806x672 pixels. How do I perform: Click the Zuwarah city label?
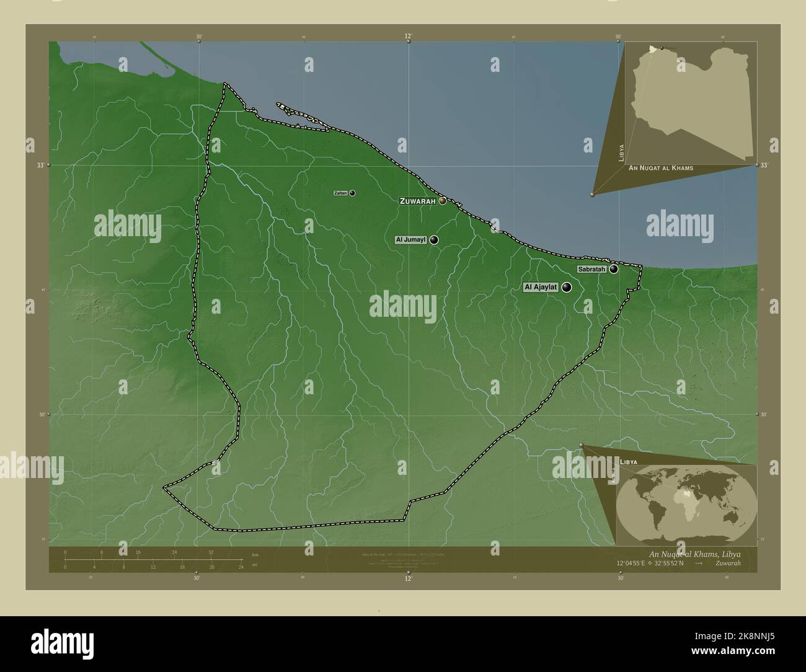pos(418,201)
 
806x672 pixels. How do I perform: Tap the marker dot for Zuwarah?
pos(443,201)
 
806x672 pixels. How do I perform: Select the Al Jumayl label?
pos(410,240)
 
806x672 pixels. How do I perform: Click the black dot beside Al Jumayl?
pos(434,240)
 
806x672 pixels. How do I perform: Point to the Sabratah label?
pos(591,269)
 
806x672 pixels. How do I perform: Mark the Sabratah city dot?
pos(613,269)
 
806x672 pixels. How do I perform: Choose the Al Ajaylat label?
pos(541,287)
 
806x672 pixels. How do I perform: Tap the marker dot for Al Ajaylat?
pos(567,287)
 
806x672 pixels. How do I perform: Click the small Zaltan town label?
pos(340,193)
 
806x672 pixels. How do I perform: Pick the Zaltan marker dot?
pos(352,193)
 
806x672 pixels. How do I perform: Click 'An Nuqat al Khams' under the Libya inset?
pos(660,168)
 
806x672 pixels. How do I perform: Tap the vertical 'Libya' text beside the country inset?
pos(621,152)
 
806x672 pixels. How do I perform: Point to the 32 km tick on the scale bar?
pos(211,552)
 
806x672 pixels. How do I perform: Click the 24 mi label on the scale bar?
pos(241,567)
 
